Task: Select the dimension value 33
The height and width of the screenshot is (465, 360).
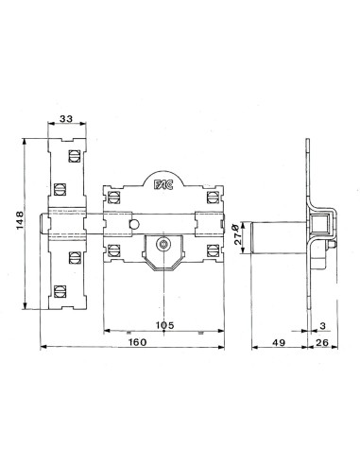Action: tap(67, 119)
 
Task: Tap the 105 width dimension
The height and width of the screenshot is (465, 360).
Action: tap(163, 325)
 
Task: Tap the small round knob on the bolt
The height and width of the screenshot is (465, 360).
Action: tap(135, 224)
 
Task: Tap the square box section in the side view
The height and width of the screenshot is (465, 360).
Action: tap(323, 224)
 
